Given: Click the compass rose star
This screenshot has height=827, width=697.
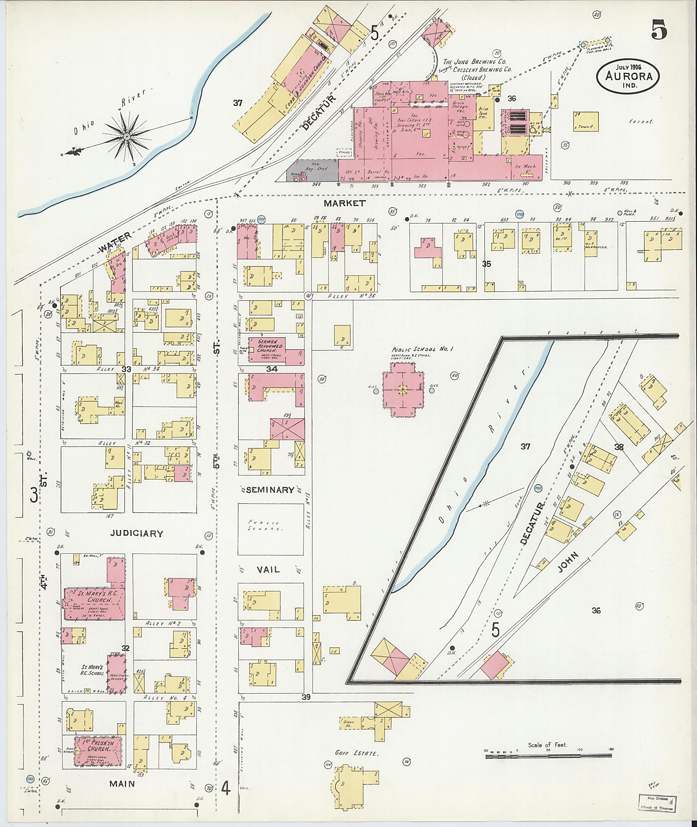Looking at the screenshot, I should (x=127, y=137).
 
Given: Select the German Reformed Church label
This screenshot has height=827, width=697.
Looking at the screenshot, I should (x=268, y=345).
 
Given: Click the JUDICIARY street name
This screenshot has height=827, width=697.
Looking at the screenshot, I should (x=137, y=534).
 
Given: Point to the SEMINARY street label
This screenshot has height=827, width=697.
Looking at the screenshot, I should (x=270, y=490).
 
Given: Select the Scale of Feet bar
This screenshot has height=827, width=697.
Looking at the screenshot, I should (x=549, y=756).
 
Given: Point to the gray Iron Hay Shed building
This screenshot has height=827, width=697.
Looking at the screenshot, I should (x=312, y=170).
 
